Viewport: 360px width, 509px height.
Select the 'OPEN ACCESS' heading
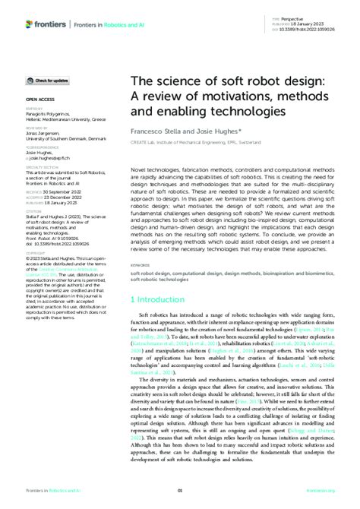[x=40, y=100]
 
